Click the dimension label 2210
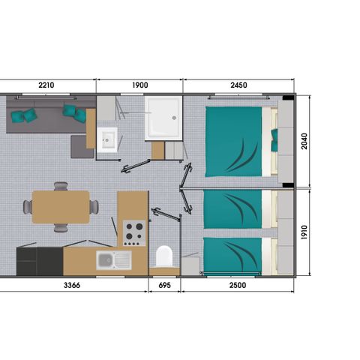pyautogui.click(x=46, y=85)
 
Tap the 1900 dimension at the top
pyautogui.click(x=139, y=85)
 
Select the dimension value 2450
pyautogui.click(x=238, y=85)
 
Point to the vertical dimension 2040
pyautogui.click(x=304, y=141)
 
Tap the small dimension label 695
pyautogui.click(x=164, y=285)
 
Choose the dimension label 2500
pyautogui.click(x=239, y=285)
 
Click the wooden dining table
pyautogui.click(x=61, y=205)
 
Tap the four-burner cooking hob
pyautogui.click(x=133, y=232)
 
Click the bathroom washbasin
pyautogui.click(x=107, y=139)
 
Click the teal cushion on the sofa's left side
pyautogui.click(x=28, y=115)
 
